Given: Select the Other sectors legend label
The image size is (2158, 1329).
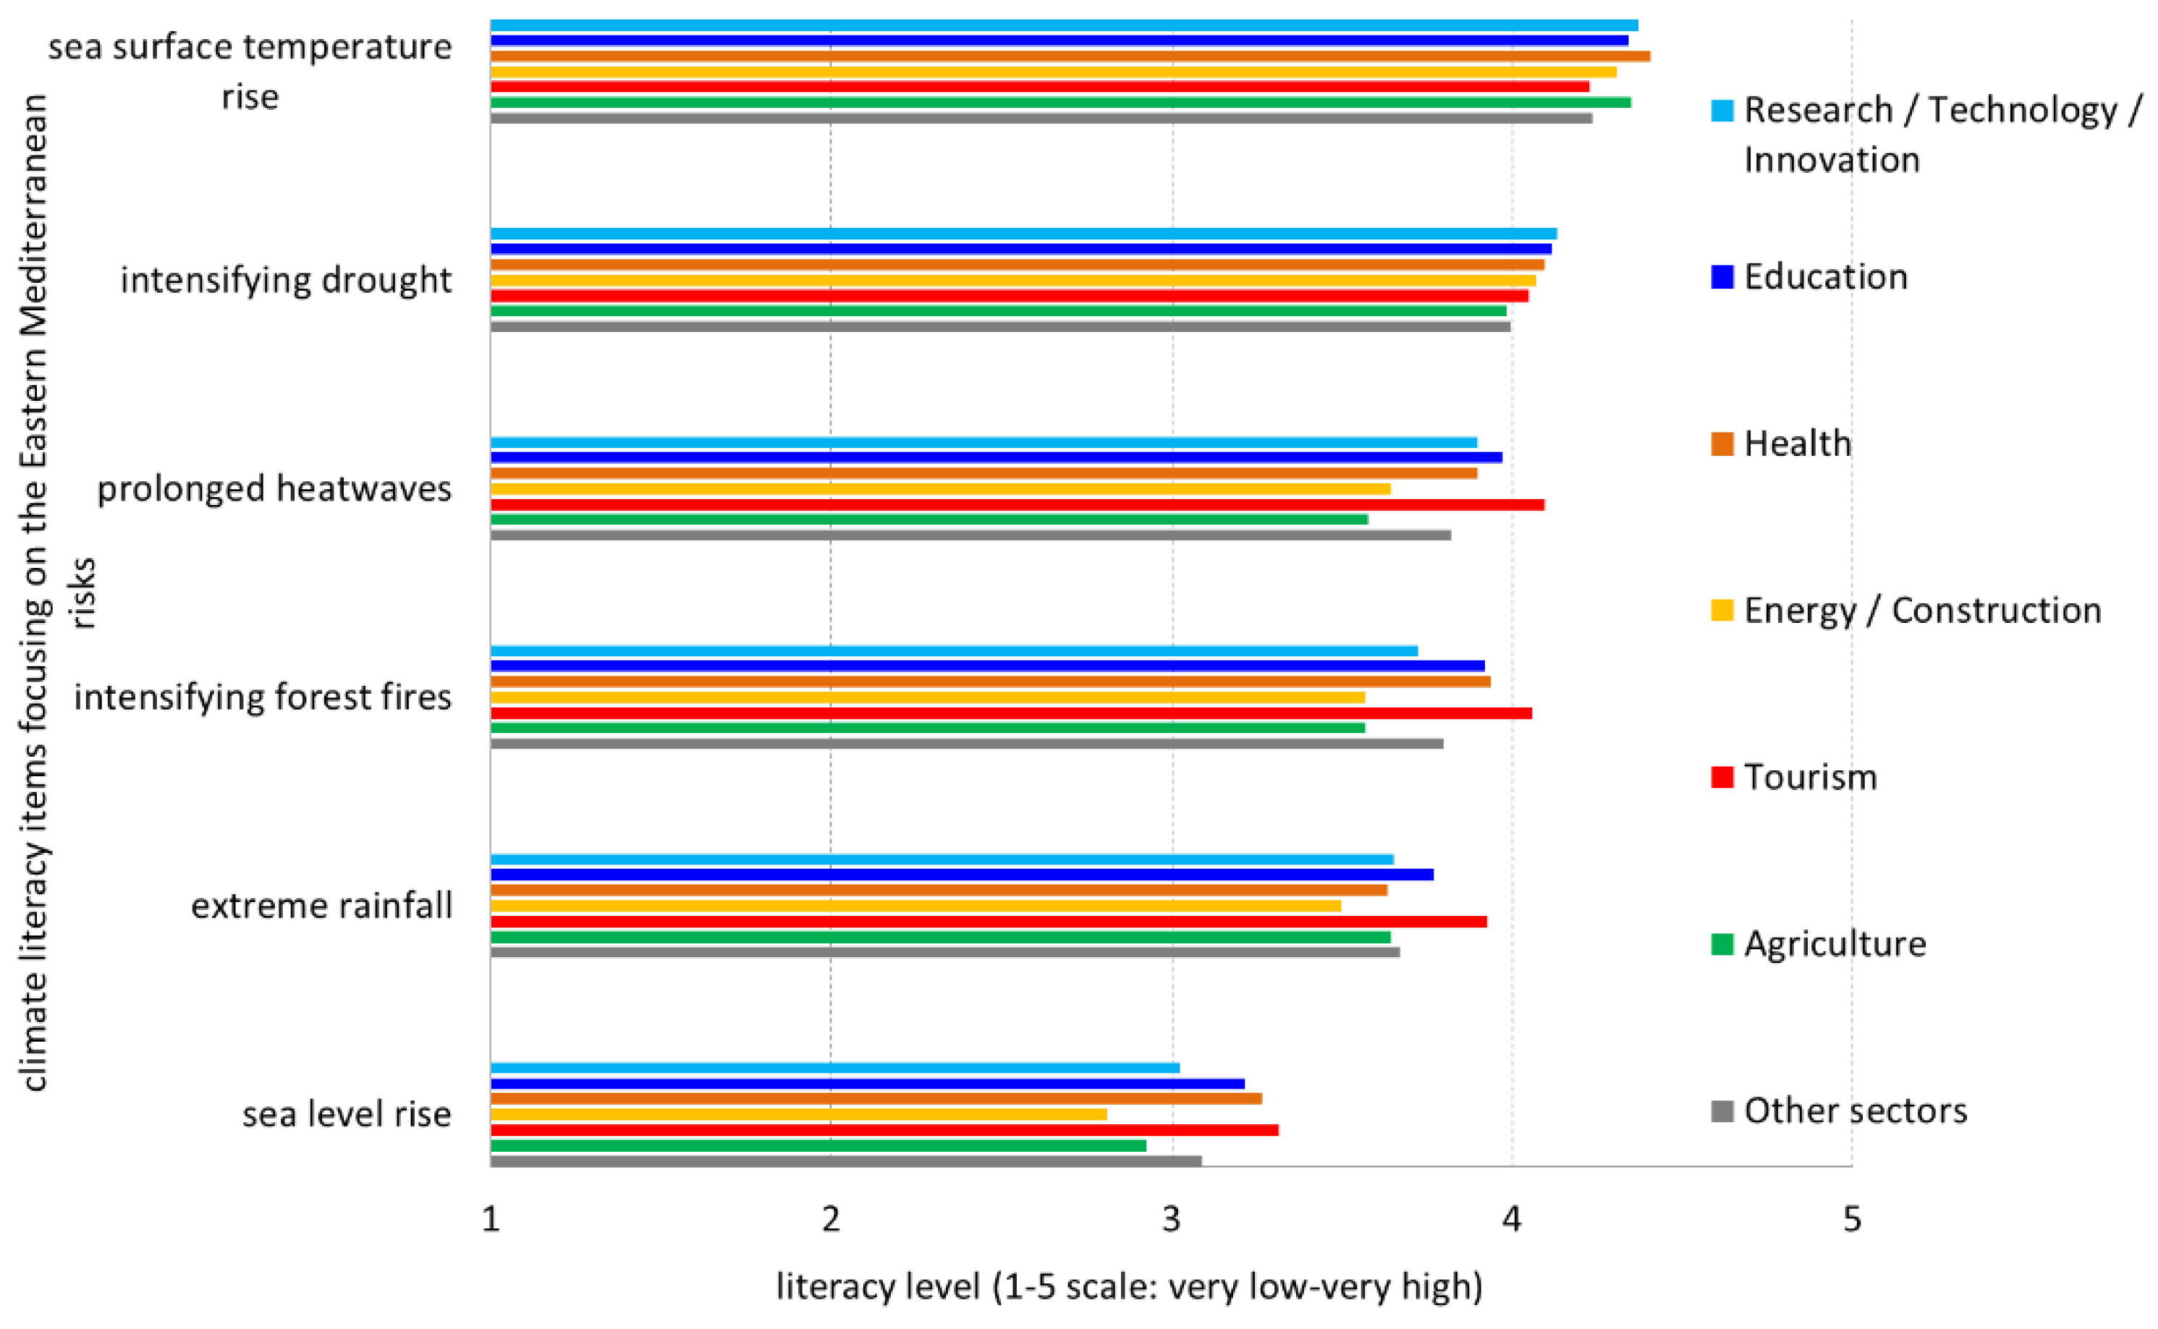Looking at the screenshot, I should click(1855, 1111).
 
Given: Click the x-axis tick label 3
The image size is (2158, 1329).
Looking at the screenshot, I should click(1171, 1220).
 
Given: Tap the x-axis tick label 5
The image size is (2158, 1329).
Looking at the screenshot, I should click(1852, 1220).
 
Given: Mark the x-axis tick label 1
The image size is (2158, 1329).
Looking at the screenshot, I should click(491, 1220).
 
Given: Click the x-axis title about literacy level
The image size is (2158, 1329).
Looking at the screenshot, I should click(1130, 1287).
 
